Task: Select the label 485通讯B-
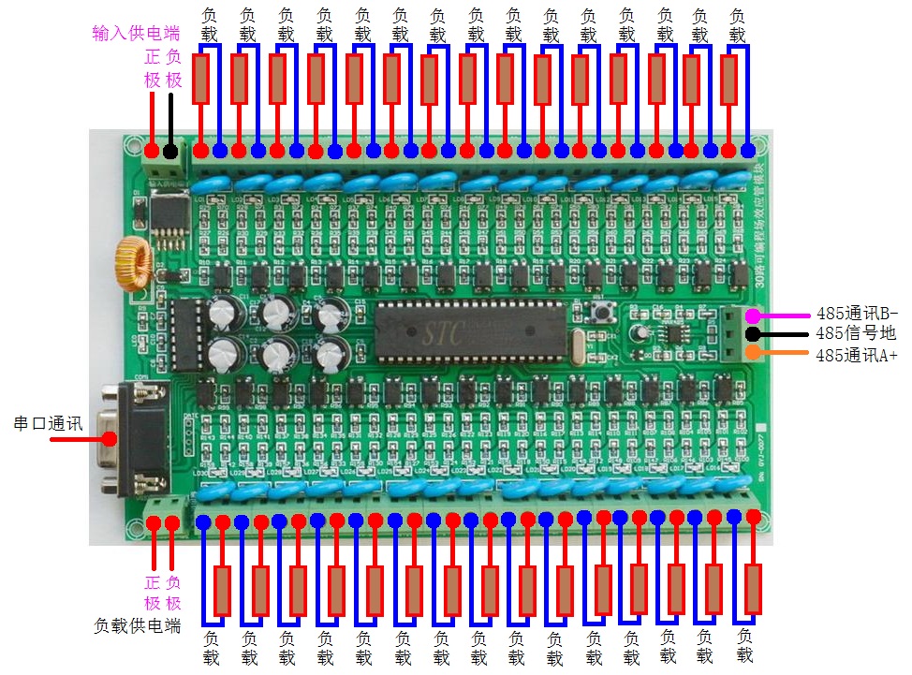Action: [856, 313]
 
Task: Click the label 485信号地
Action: [855, 333]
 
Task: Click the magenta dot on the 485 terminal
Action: [752, 315]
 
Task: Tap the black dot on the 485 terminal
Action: [752, 334]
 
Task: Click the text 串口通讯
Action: [48, 423]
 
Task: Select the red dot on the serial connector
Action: [110, 437]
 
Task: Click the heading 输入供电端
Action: [137, 34]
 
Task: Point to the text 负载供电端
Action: [138, 624]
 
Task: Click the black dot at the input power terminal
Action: [169, 151]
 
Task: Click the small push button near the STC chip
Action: [596, 311]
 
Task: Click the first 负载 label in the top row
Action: [210, 25]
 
